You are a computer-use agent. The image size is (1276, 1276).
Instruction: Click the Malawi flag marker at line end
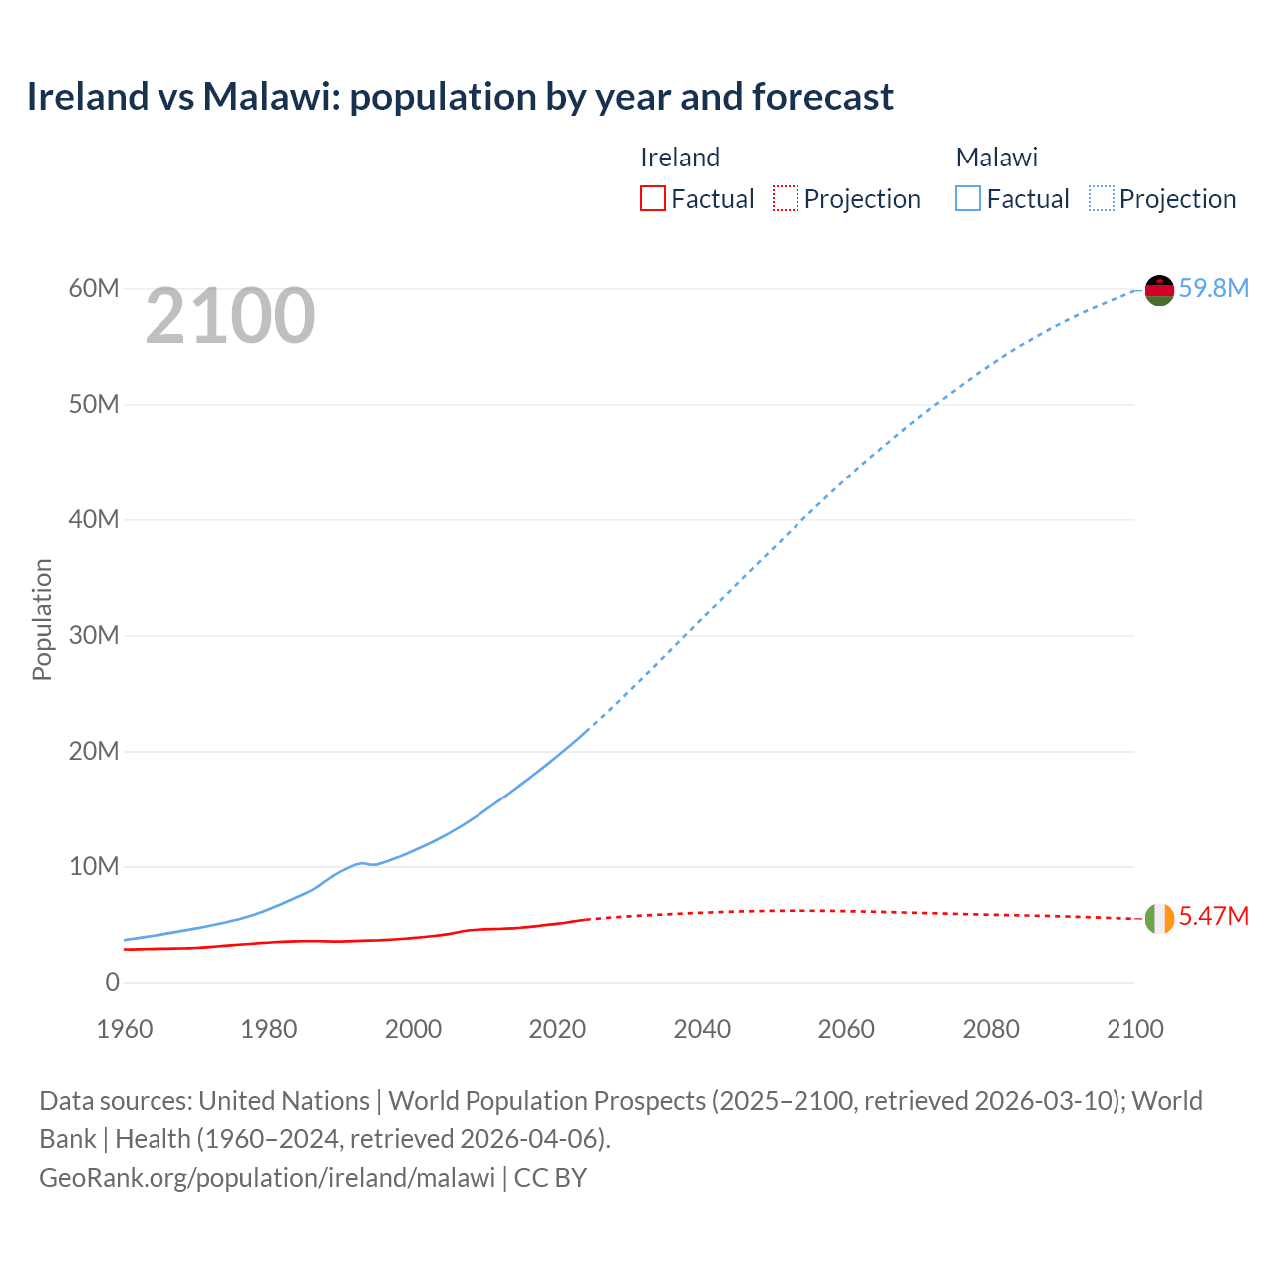(x=1159, y=290)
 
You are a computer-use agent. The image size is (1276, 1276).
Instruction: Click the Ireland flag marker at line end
(x=1159, y=918)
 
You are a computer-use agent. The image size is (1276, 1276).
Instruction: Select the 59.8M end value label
(x=1213, y=288)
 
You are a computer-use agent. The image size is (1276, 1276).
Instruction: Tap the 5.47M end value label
(x=1213, y=916)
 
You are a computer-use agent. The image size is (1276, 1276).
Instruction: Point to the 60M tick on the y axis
(x=94, y=288)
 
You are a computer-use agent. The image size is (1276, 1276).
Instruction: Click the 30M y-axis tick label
(x=94, y=635)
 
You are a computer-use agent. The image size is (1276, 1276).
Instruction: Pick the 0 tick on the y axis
(x=112, y=982)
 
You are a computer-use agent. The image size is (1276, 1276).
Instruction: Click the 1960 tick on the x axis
(x=125, y=1029)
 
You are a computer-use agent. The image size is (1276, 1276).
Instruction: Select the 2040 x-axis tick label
(x=702, y=1029)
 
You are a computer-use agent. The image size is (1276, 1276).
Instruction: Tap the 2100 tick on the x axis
(x=1134, y=1029)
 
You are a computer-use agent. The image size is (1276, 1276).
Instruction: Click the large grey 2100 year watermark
(x=230, y=316)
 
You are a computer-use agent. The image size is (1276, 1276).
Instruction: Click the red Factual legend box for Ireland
(x=653, y=198)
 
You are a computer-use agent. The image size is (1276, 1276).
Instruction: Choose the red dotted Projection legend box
(x=786, y=198)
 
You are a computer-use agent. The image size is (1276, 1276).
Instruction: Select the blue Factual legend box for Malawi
(x=968, y=198)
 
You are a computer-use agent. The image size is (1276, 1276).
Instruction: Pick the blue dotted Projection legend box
(x=1101, y=198)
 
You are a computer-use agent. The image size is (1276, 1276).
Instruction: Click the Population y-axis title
(x=42, y=619)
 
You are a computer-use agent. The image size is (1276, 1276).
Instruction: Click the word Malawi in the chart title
(x=266, y=97)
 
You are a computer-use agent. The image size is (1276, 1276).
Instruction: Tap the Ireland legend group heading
(x=680, y=158)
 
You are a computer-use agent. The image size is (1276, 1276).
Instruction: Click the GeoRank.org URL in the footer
(x=267, y=1177)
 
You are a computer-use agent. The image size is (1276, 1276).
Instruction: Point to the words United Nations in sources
(x=284, y=1101)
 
